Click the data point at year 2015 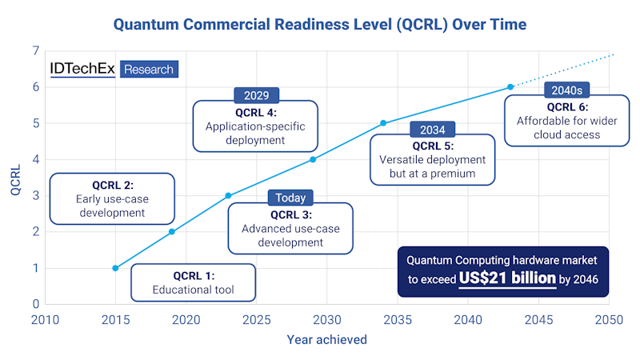(x=115, y=268)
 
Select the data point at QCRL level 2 (x=172, y=232)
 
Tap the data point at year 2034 (x=383, y=123)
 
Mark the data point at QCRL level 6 (x=510, y=87)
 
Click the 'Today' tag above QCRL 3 (x=290, y=198)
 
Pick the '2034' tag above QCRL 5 (x=432, y=130)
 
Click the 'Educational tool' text (x=194, y=290)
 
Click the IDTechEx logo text (x=82, y=69)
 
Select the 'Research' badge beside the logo (x=149, y=70)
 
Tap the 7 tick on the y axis (x=35, y=51)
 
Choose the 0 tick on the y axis (x=35, y=304)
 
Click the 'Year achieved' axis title (x=326, y=340)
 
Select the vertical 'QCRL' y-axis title (x=14, y=178)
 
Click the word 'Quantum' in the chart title (x=150, y=23)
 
